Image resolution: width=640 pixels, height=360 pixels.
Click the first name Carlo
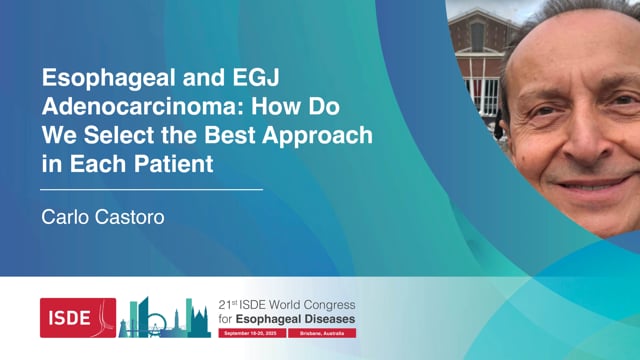click(x=65, y=214)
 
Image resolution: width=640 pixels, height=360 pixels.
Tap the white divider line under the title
click(x=151, y=188)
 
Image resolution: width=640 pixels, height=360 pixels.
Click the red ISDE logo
click(x=78, y=317)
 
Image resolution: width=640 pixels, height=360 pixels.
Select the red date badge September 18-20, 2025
click(x=249, y=331)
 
